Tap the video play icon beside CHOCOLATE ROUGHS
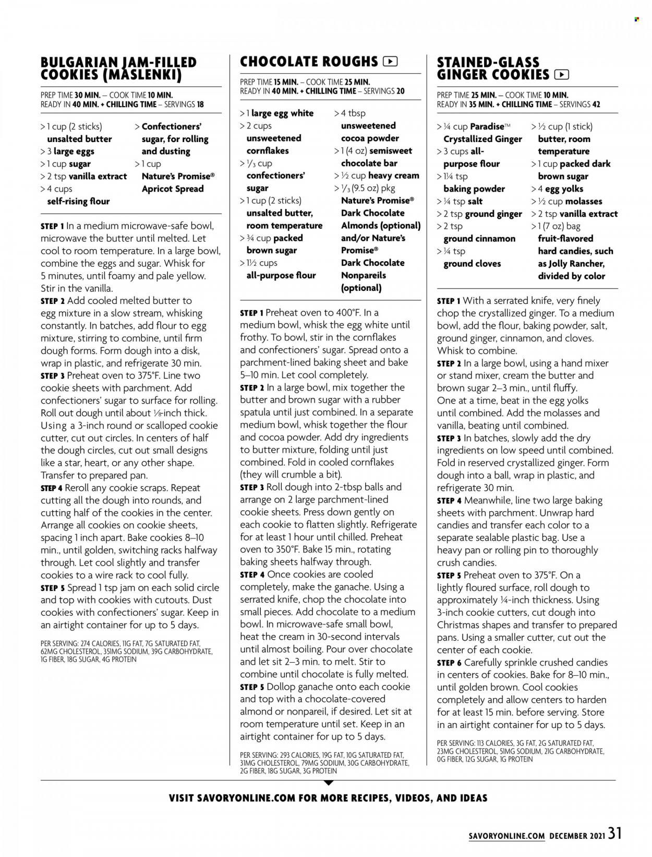[390, 62]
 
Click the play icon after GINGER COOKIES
[561, 75]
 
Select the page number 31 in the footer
[615, 833]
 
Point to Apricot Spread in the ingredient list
[173, 189]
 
